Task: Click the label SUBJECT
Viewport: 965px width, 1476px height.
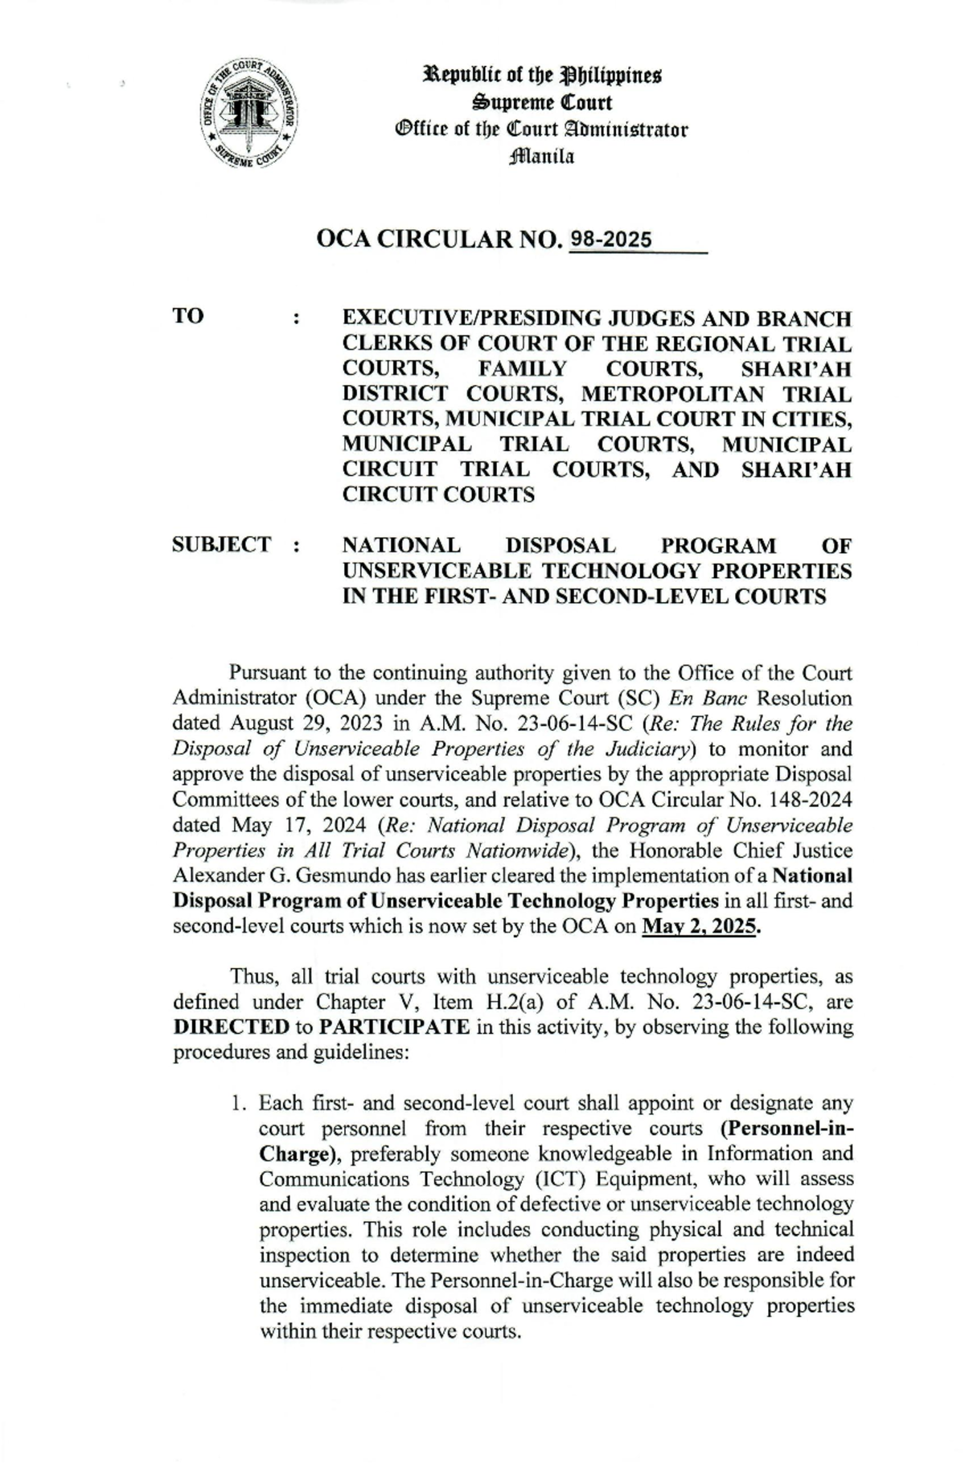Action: (222, 544)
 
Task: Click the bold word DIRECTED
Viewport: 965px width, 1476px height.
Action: (232, 1027)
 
